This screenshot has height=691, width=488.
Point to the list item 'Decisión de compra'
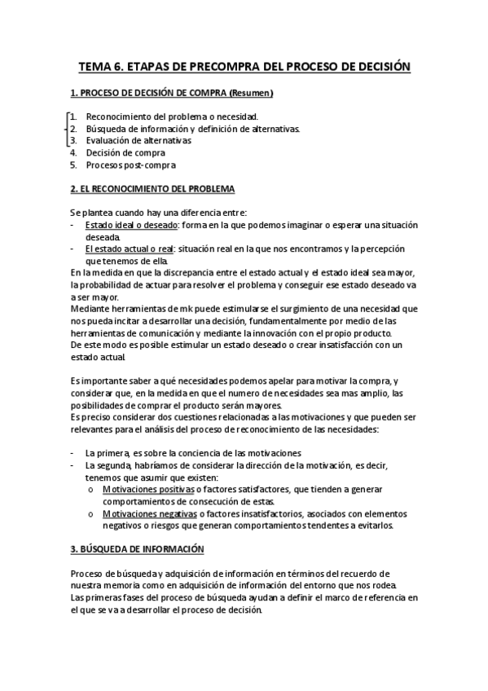[125, 152]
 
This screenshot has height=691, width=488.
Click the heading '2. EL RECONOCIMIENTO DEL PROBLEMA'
[152, 189]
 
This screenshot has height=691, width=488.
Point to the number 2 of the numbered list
[73, 128]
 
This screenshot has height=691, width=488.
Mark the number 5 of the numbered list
[73, 165]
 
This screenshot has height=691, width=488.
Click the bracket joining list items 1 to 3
[64, 128]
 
